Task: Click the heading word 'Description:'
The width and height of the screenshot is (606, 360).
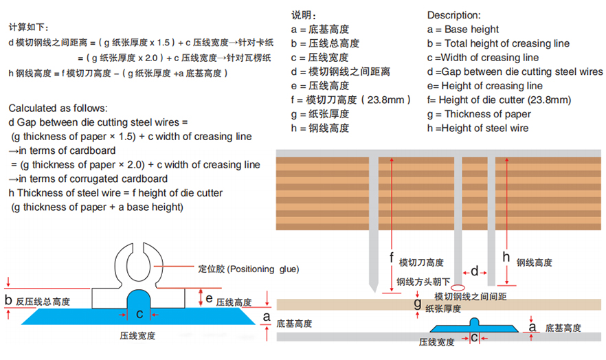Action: [453, 14]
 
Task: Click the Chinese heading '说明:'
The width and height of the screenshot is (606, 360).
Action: [304, 14]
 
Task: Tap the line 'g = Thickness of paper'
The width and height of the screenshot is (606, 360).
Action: [478, 114]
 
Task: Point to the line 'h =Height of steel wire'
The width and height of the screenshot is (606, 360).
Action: [478, 128]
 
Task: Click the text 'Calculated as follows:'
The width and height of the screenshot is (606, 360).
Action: [58, 109]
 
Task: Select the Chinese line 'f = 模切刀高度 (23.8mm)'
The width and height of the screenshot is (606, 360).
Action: [350, 100]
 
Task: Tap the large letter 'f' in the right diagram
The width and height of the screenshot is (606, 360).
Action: [391, 258]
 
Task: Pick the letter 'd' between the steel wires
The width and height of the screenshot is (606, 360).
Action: [474, 271]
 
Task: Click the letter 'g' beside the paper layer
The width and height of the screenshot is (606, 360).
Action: [417, 302]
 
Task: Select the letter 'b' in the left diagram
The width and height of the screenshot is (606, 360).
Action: [8, 300]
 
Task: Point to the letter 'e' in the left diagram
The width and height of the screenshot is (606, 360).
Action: [209, 297]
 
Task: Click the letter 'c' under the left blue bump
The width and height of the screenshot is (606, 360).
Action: [139, 314]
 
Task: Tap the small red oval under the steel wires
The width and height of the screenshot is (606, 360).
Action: [458, 286]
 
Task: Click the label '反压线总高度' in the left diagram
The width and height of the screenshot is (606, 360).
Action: [43, 302]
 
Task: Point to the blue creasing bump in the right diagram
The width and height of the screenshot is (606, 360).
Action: [475, 324]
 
